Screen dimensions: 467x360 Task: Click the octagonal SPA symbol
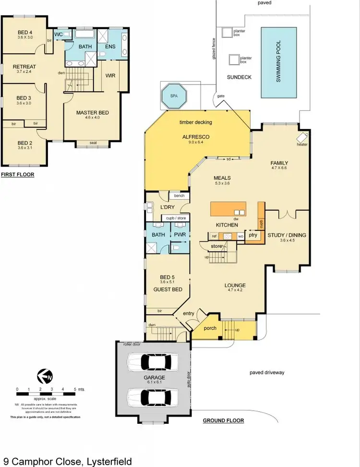tap(173, 96)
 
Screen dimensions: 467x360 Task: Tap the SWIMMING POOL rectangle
tap(278, 62)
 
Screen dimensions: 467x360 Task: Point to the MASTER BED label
tap(93, 113)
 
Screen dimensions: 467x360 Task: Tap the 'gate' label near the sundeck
tap(221, 96)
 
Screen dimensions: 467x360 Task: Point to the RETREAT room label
tap(24, 67)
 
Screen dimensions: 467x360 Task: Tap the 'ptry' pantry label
tap(253, 235)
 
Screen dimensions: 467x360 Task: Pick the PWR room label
tap(180, 235)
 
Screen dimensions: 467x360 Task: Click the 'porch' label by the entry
tap(210, 328)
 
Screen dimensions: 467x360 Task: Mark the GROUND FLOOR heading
tap(223, 420)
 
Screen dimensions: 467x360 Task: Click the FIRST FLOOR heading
tap(17, 175)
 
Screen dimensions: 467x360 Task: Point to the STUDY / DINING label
tap(286, 235)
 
